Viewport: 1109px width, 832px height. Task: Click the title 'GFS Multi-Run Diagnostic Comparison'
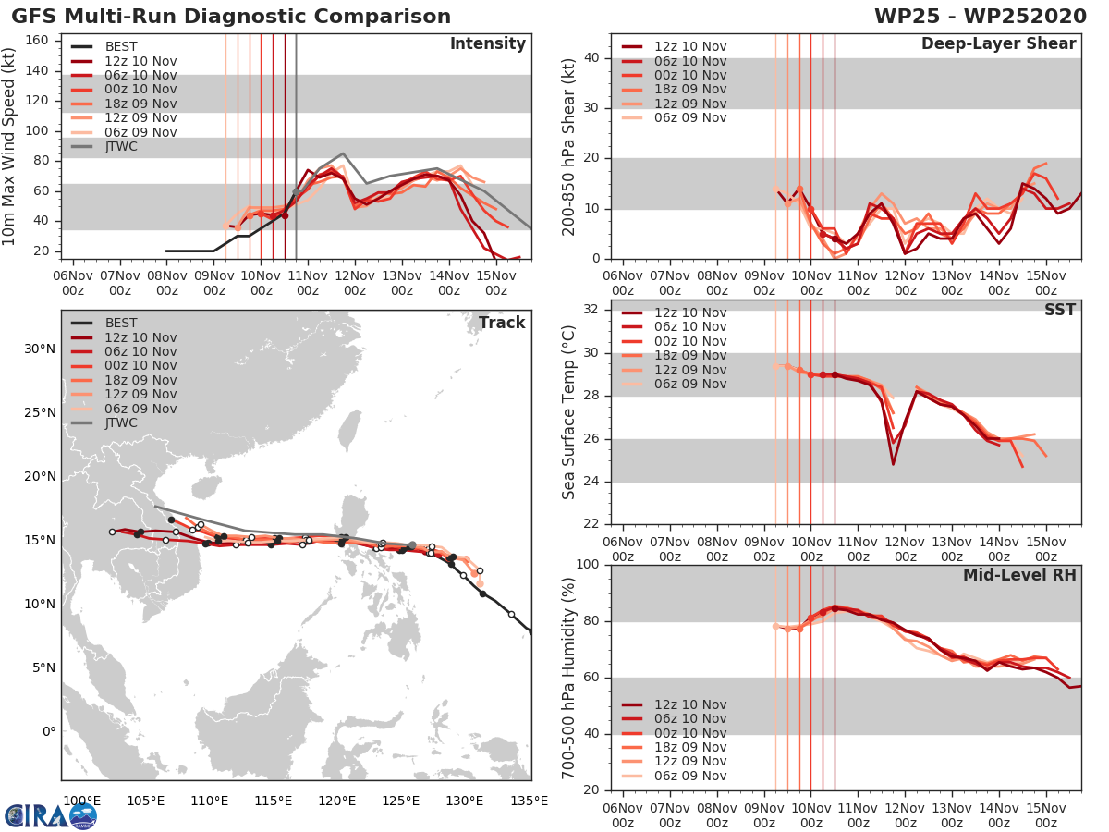click(x=231, y=17)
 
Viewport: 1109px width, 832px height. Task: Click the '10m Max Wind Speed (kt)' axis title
click(x=11, y=148)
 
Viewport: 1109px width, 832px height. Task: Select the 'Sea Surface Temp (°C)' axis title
click(x=569, y=412)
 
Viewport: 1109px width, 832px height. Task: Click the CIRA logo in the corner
click(x=51, y=815)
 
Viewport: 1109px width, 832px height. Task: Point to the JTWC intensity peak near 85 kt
click(x=343, y=153)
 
